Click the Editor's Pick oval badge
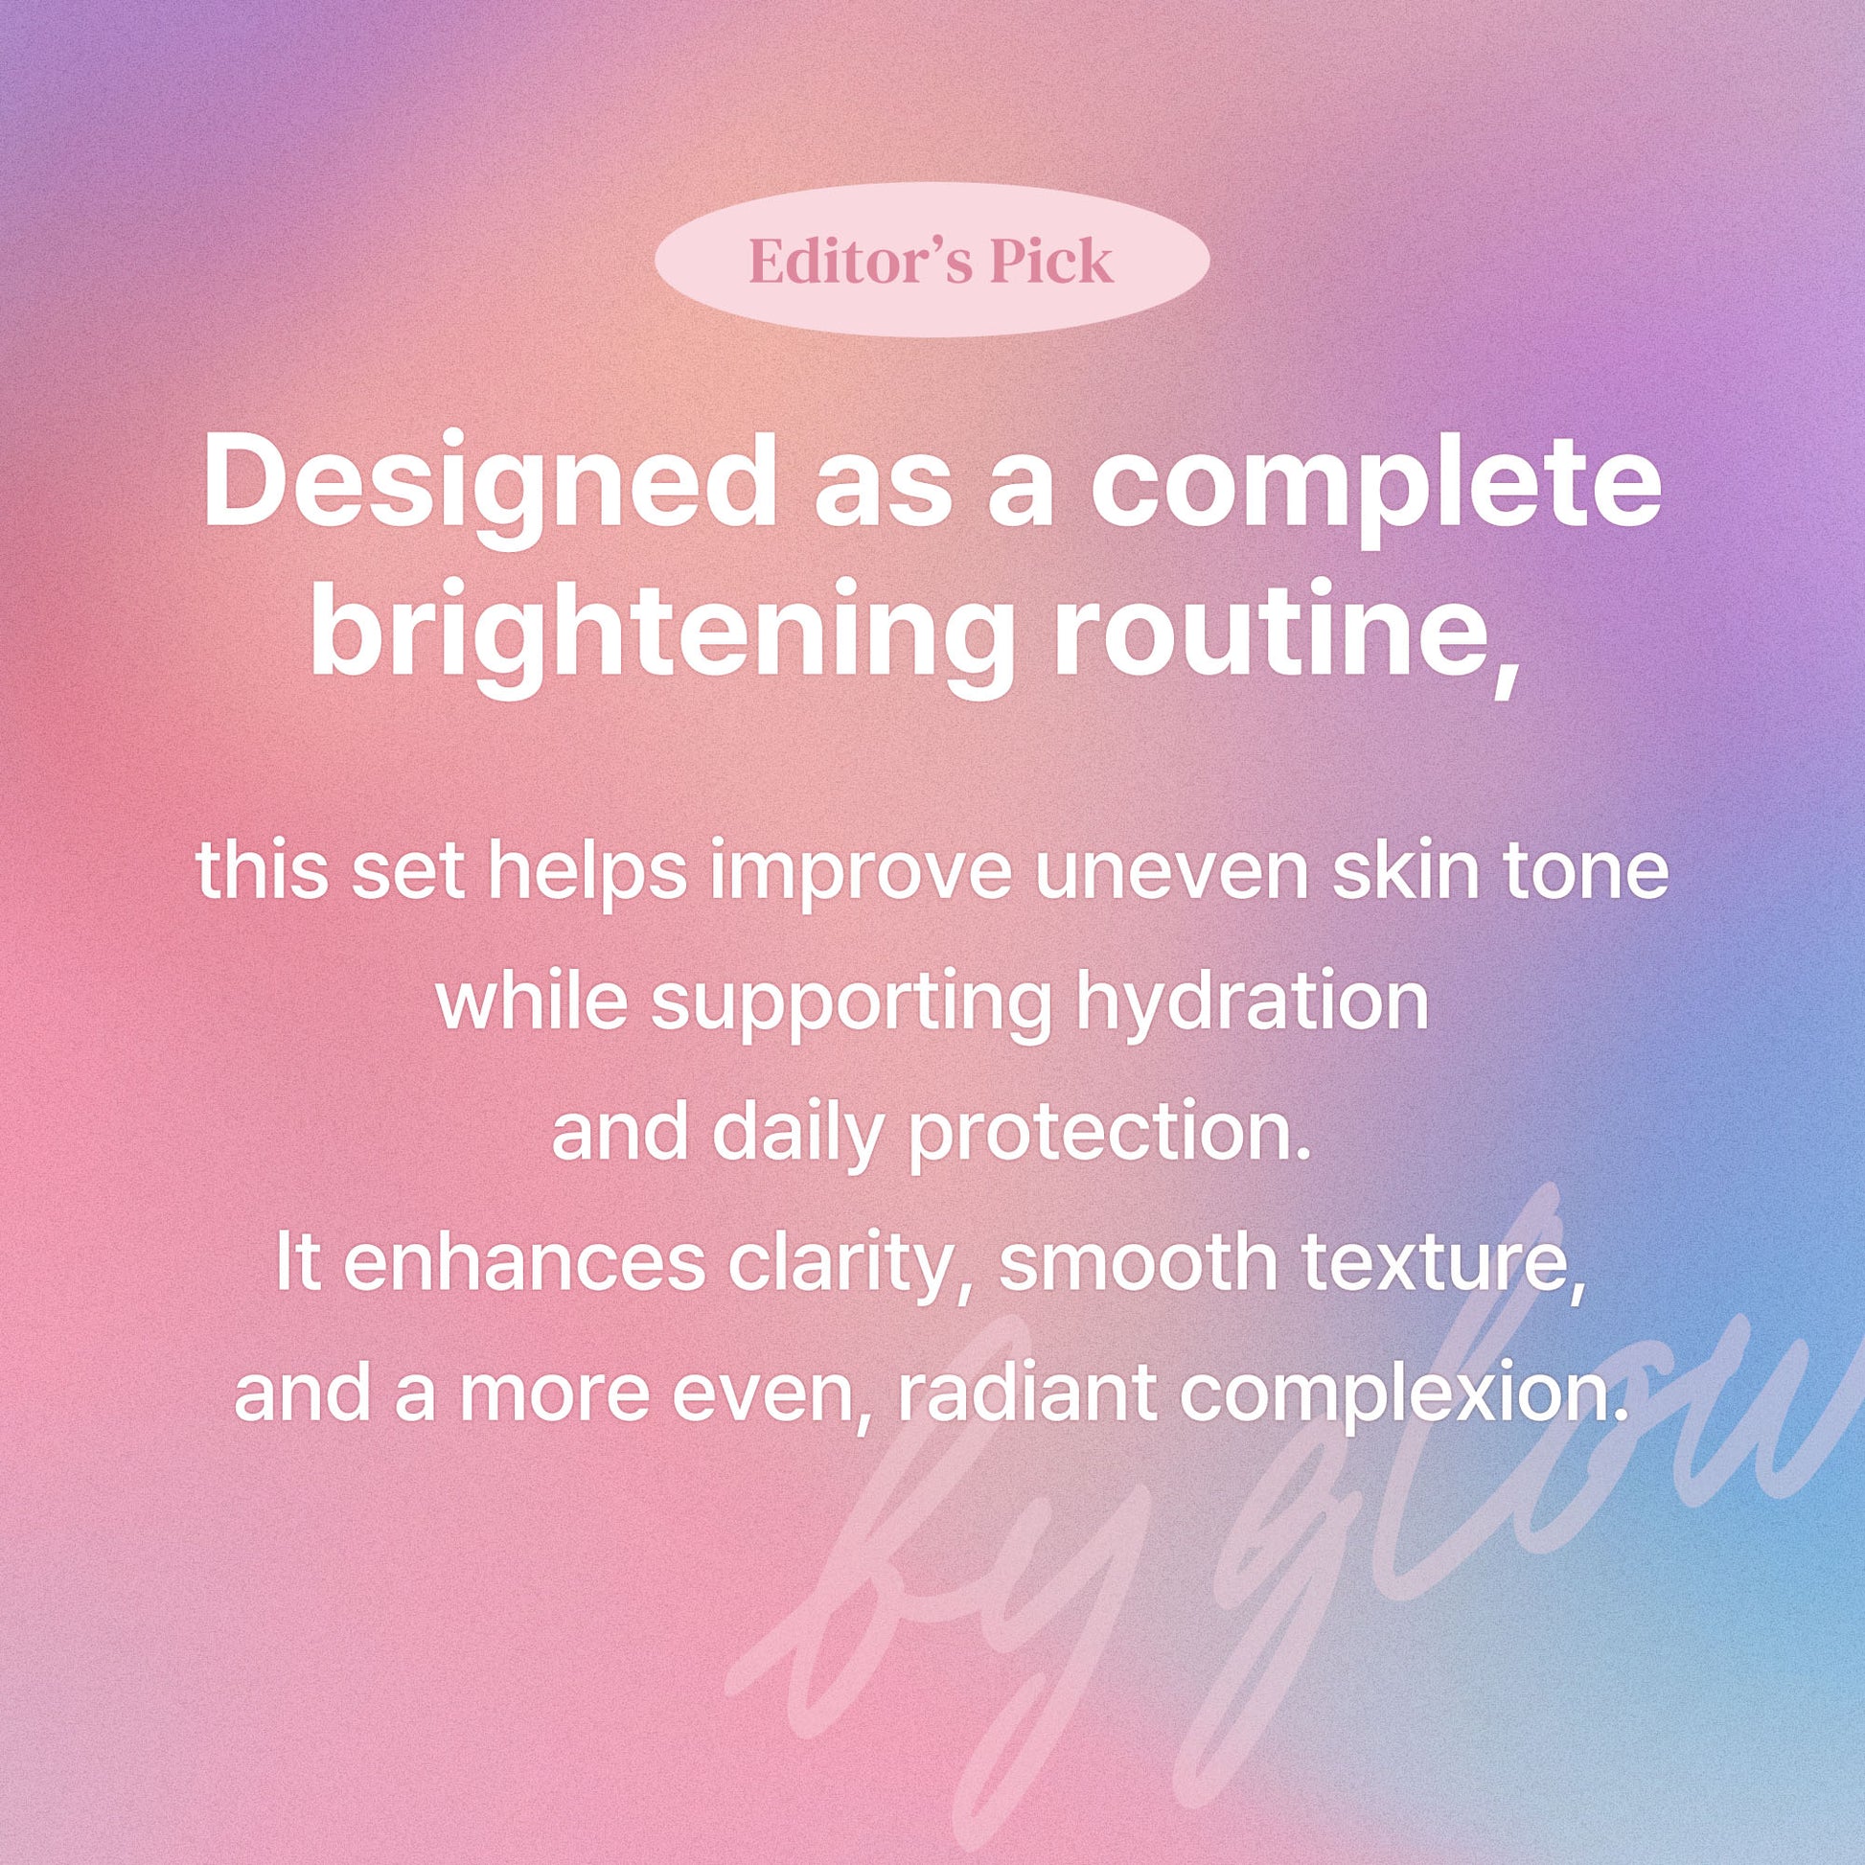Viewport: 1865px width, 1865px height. tap(932, 259)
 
